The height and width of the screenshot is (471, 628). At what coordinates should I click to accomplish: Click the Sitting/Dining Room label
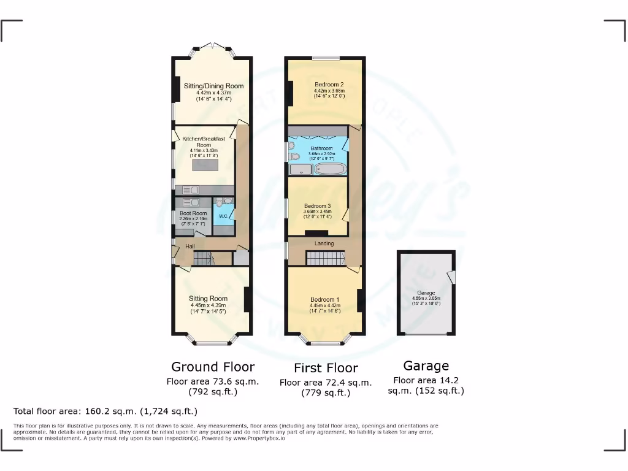coord(213,86)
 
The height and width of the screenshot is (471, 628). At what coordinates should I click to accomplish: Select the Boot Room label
coord(193,213)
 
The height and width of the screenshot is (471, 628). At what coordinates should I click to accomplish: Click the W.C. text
coord(223,216)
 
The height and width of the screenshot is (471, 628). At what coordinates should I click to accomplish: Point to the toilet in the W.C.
coord(228,201)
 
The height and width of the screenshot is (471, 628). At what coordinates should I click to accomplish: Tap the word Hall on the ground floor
coord(191,247)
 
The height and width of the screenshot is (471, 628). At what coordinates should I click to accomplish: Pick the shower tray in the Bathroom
coord(301,169)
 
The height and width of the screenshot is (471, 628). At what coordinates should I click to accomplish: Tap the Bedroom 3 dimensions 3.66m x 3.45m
coord(317,211)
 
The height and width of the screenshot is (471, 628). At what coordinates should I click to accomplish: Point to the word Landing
coord(324,243)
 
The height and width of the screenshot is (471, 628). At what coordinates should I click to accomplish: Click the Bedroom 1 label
coord(324,299)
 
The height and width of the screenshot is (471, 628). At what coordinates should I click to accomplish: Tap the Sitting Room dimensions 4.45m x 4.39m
coord(208,305)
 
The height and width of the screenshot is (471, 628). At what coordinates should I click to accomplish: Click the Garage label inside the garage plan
coord(426,293)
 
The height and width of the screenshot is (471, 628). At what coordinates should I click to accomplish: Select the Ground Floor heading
coord(212,367)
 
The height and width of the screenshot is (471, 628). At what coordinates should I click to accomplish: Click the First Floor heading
coord(326,368)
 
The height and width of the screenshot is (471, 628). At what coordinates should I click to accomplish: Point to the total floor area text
coord(105,411)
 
